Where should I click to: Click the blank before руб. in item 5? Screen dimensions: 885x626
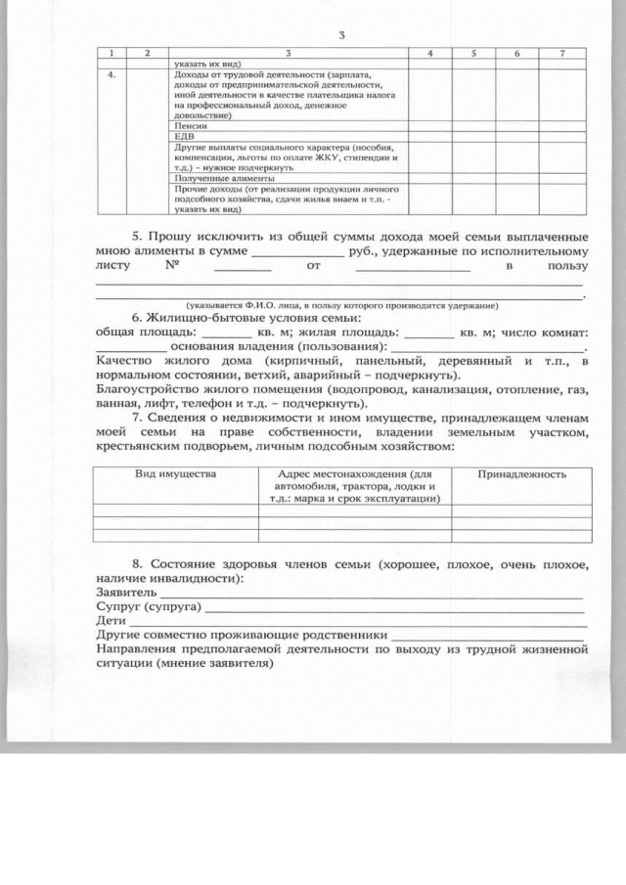point(297,252)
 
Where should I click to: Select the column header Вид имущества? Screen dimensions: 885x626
point(175,473)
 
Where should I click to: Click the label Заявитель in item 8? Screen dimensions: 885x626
point(121,593)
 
